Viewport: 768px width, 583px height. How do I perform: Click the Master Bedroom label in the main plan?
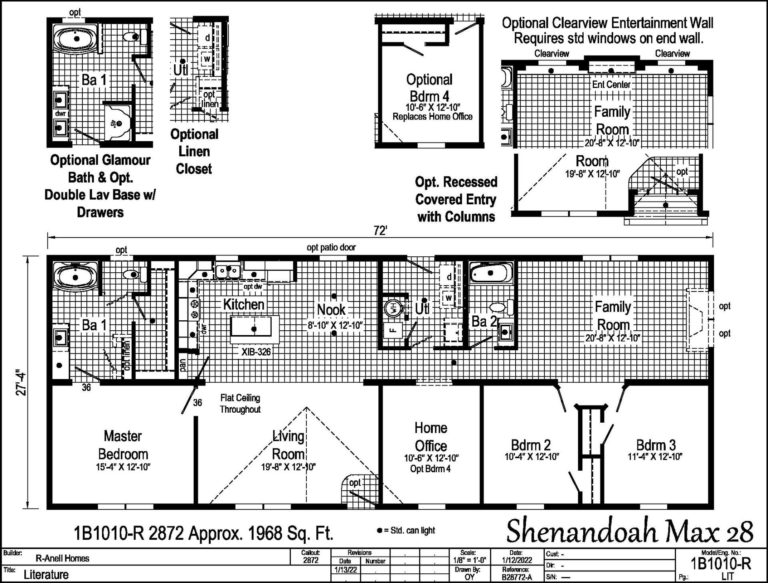(x=123, y=445)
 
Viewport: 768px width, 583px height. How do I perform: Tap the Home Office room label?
(x=431, y=437)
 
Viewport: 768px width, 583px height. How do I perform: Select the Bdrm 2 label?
(x=531, y=445)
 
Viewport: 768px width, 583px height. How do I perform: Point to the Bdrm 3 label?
(x=656, y=445)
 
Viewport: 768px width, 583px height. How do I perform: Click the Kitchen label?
(x=244, y=304)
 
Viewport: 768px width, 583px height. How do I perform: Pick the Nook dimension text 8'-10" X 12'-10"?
(x=335, y=325)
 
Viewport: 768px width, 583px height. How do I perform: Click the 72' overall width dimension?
(x=380, y=231)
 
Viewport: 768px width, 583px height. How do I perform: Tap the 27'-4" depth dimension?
(x=22, y=384)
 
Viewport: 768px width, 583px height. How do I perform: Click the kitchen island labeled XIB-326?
(x=251, y=331)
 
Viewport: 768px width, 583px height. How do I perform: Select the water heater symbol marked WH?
(x=392, y=308)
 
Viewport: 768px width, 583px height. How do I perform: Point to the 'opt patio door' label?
(x=331, y=248)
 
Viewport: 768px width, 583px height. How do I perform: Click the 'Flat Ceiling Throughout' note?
(x=240, y=403)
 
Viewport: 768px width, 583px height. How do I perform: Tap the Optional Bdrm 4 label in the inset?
(x=429, y=88)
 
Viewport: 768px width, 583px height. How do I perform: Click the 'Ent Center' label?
(x=611, y=84)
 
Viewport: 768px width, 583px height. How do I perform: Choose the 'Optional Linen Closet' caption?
(x=194, y=152)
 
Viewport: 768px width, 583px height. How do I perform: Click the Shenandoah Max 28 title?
(x=630, y=532)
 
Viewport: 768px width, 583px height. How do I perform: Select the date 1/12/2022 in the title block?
(x=516, y=561)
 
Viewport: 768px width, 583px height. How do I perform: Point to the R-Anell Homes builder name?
(x=62, y=558)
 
